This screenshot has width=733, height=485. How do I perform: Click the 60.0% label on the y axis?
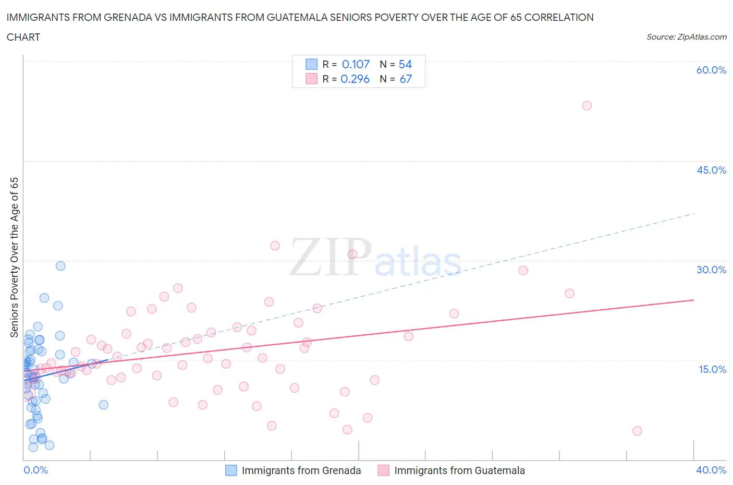pos(711,70)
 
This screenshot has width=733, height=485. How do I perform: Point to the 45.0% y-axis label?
pos(711,170)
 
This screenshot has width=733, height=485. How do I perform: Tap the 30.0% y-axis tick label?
pos(711,270)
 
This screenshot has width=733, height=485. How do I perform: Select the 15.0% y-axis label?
pos(711,369)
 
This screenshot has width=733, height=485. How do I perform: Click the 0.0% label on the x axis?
pos(35,470)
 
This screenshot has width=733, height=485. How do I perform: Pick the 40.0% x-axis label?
pos(711,470)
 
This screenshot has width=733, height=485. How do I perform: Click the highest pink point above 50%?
pos(587,105)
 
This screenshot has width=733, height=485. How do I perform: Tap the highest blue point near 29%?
pos(60,266)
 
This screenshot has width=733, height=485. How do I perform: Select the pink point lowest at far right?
pos(637,431)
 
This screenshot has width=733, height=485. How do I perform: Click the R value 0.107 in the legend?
pos(356,64)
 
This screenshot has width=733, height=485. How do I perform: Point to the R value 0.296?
pos(355,79)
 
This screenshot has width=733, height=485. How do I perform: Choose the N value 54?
pos(405,64)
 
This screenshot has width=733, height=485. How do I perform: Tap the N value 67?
pos(405,79)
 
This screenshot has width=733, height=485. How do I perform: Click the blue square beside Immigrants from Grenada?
pos(231,470)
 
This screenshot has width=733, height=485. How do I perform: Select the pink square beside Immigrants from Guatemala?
pos(383,470)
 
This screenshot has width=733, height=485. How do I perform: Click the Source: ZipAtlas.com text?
pos(686,37)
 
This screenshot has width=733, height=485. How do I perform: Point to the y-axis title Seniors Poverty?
pos(14,257)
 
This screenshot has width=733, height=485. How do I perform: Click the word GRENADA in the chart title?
pos(130,17)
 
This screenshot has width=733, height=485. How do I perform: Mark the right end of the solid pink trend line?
pos(694,300)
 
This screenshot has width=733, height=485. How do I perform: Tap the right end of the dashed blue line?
pos(694,213)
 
